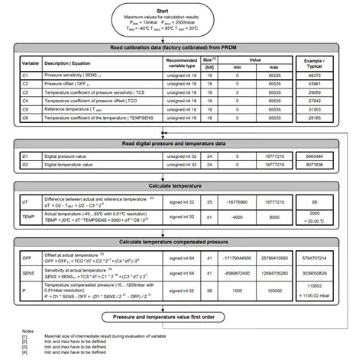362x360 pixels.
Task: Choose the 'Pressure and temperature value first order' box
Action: tap(180, 315)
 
